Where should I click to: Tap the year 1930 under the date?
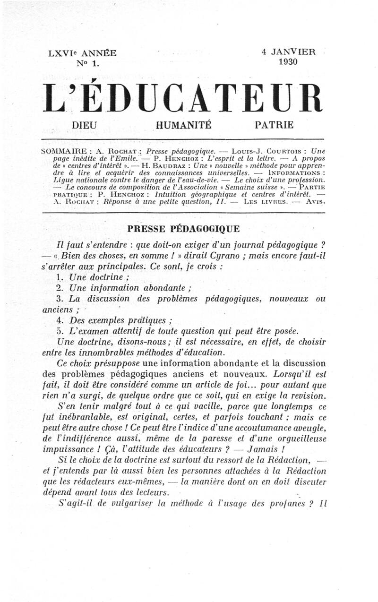point(288,61)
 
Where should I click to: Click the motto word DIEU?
point(85,125)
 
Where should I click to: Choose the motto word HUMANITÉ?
point(183,125)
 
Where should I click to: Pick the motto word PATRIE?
point(274,125)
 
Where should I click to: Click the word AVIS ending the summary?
point(316,202)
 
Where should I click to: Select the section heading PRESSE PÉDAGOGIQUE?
point(184,229)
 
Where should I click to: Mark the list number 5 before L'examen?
point(59,331)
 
